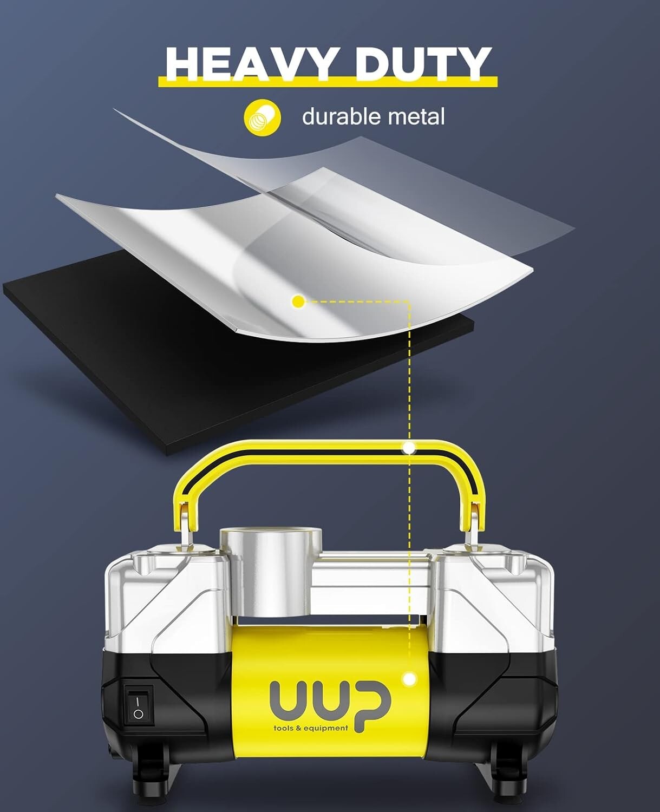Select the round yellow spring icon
click(x=263, y=117)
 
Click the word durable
click(x=342, y=116)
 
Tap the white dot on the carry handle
click(x=409, y=448)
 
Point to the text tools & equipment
click(x=310, y=728)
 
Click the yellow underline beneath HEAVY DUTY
click(x=328, y=82)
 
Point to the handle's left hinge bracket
click(x=186, y=528)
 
